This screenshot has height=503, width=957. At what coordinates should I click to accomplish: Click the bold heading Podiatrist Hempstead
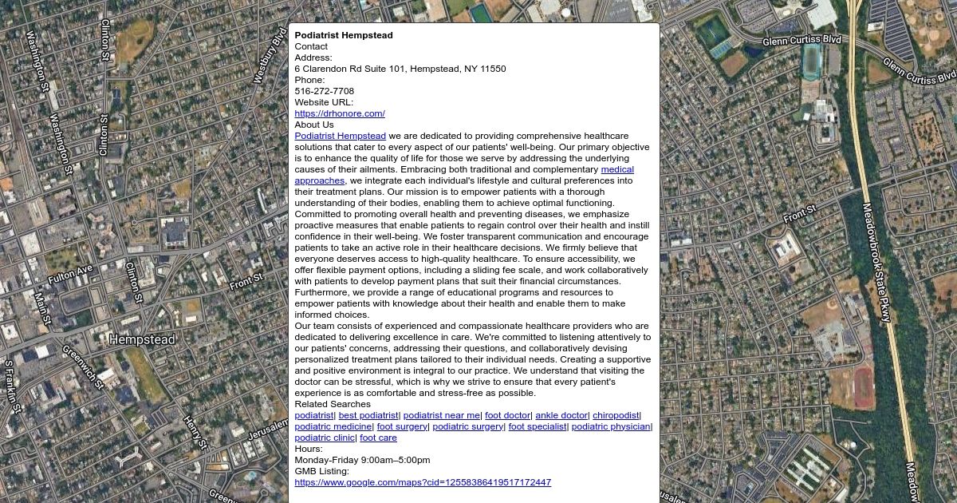[x=343, y=35]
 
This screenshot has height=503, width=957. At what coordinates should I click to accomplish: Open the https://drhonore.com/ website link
[x=340, y=113]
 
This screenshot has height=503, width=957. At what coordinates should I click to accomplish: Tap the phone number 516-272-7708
[x=324, y=91]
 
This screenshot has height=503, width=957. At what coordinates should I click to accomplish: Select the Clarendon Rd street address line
[x=400, y=69]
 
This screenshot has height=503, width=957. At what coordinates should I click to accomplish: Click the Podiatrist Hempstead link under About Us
[x=340, y=136]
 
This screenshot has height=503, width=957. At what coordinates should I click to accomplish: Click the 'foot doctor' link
[x=507, y=415]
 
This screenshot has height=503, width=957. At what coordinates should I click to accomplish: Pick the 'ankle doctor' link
[x=561, y=415]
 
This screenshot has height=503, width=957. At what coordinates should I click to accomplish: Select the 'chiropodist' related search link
[x=616, y=415]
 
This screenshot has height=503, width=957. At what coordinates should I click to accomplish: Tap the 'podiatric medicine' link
[x=333, y=426]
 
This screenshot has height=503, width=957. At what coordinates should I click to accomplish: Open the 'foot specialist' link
[x=537, y=426]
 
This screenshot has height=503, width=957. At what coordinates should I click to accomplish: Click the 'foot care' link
[x=378, y=438]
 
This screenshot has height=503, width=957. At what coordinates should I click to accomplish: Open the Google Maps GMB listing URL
[x=423, y=482]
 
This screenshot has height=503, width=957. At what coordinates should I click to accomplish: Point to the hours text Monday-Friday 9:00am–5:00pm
[x=362, y=460]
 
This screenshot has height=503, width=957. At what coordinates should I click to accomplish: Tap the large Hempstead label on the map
[x=142, y=339]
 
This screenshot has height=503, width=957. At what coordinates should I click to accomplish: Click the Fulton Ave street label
[x=70, y=275]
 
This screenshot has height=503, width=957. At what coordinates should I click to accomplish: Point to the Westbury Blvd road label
[x=270, y=56]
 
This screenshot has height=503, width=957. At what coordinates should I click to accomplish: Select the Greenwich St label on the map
[x=83, y=366]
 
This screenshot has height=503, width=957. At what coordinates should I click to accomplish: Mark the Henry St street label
[x=195, y=432]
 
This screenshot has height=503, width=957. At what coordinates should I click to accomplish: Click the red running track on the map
[x=863, y=386]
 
